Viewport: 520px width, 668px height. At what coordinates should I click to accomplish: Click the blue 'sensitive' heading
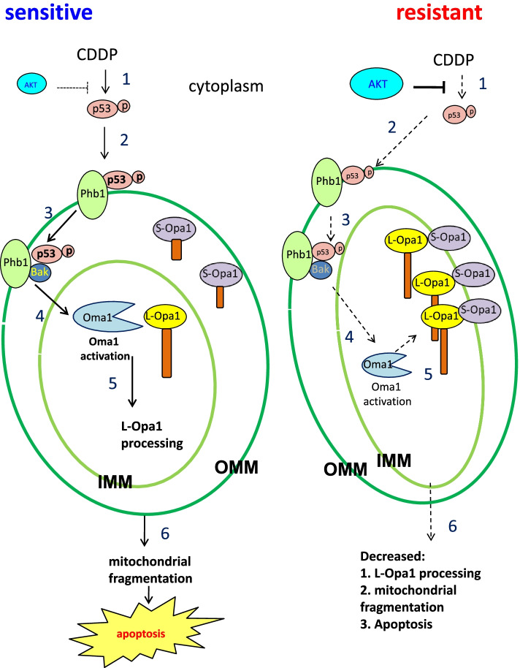pos(47,12)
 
